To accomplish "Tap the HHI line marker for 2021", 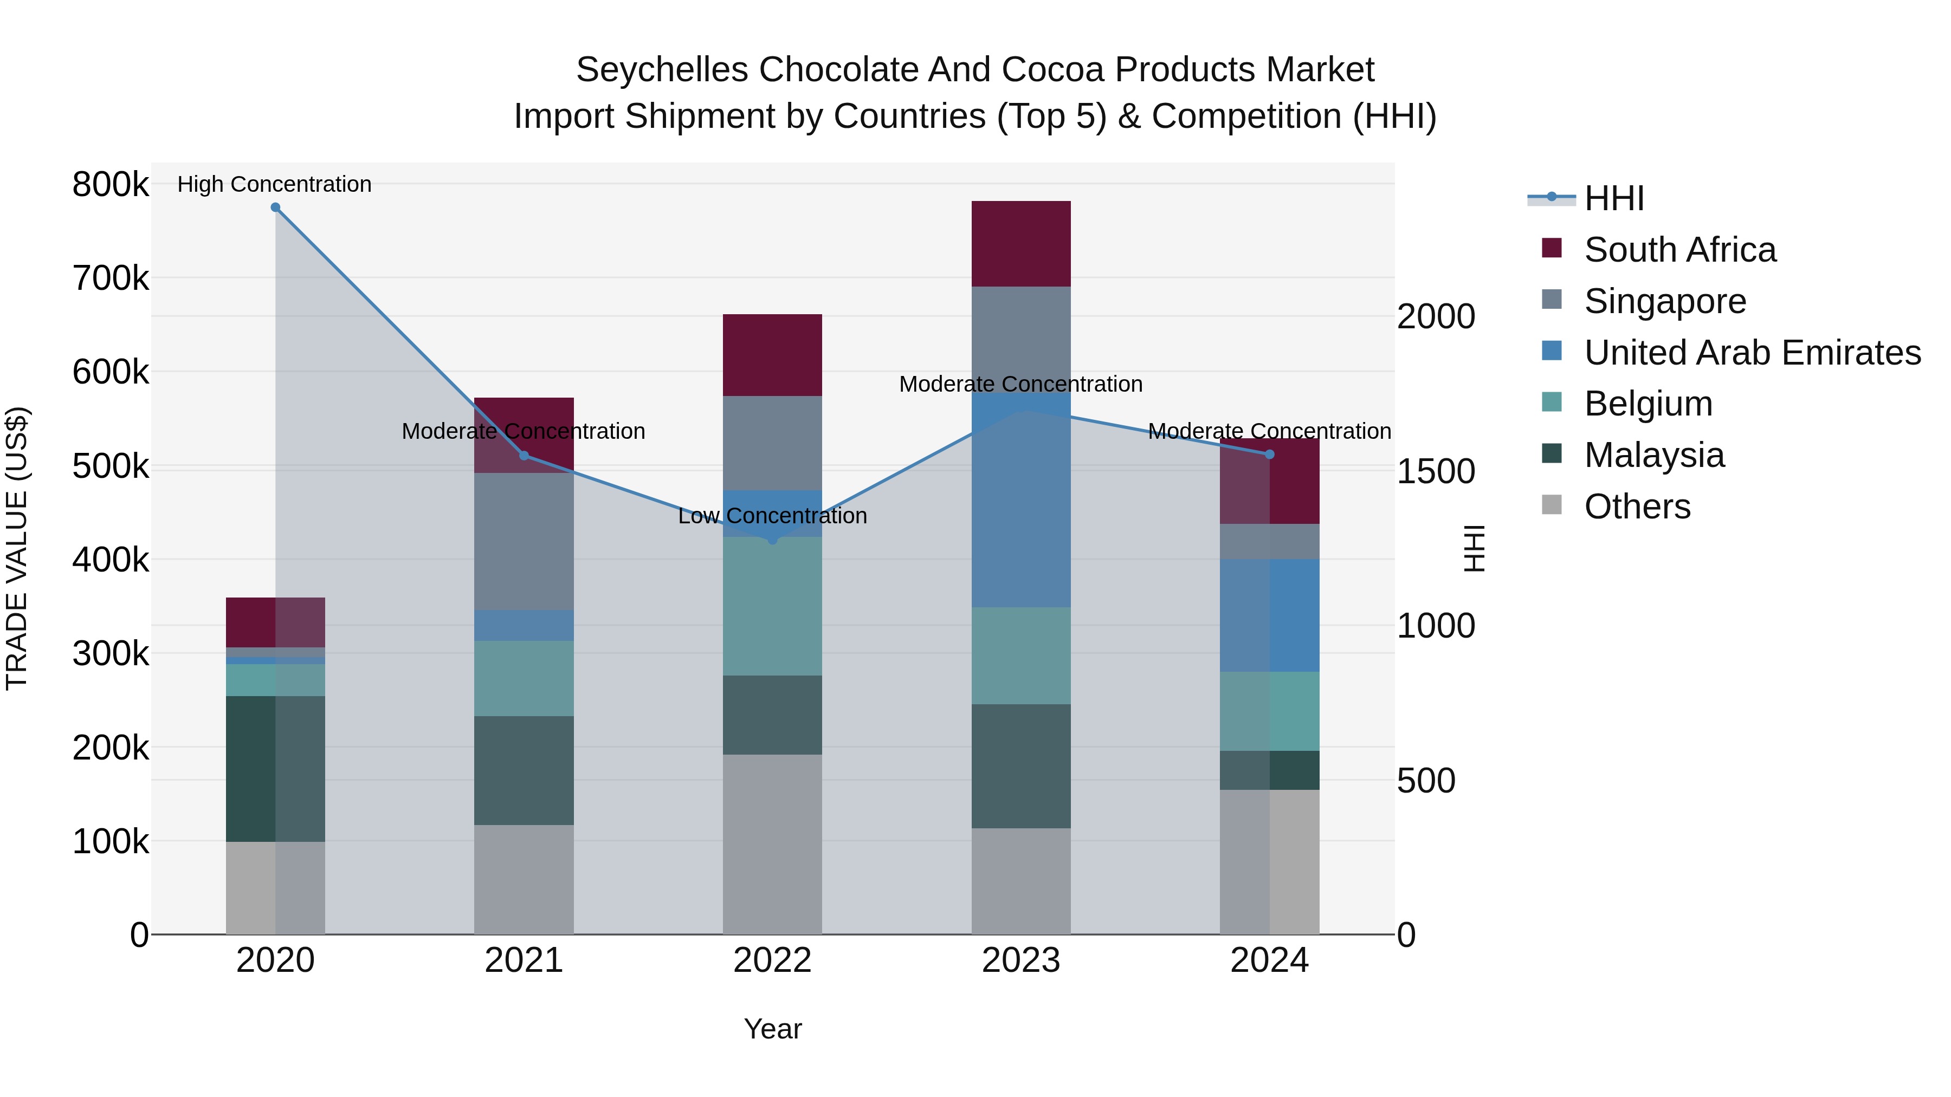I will click(524, 456).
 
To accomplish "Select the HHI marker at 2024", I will click(1270, 455).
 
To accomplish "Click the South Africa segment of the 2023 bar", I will click(1021, 244).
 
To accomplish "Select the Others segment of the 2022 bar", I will click(772, 844).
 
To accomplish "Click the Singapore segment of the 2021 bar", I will click(524, 541).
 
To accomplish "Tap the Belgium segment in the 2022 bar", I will click(772, 606).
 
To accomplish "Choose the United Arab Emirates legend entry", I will click(1752, 353).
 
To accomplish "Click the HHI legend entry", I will click(1613, 198).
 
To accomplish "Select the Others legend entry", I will click(1637, 507).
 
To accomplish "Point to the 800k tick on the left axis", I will click(111, 184).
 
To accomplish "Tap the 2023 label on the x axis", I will click(1021, 960).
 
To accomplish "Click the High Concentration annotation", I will click(274, 184).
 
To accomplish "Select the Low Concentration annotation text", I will click(772, 516).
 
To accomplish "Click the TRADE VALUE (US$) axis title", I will click(17, 548).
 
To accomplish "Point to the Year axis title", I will click(772, 1029).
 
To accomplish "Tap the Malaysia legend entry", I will click(1653, 455).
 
